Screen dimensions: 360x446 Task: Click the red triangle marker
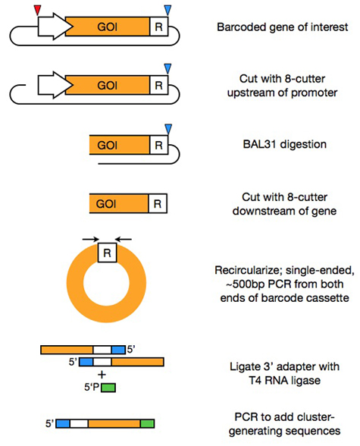[x=37, y=11]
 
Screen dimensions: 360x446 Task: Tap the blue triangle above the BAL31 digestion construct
[x=168, y=129]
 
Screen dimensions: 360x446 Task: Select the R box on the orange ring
[x=107, y=253]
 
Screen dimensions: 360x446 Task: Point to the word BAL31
[x=260, y=144]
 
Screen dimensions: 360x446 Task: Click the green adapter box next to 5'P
[x=108, y=388]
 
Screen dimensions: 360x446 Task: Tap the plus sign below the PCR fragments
[x=102, y=375]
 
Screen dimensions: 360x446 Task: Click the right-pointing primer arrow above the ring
[x=91, y=240]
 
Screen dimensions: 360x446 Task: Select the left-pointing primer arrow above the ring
[x=124, y=240]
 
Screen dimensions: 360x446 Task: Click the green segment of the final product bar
[x=148, y=423]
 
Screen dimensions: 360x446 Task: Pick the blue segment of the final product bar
[x=63, y=423]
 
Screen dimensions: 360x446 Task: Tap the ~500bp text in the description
[x=245, y=284]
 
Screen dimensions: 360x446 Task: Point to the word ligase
[x=305, y=381]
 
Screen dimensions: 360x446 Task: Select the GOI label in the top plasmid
[x=107, y=27]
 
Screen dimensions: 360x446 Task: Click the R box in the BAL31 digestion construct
[x=158, y=145]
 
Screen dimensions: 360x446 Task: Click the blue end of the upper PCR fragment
[x=118, y=350]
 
